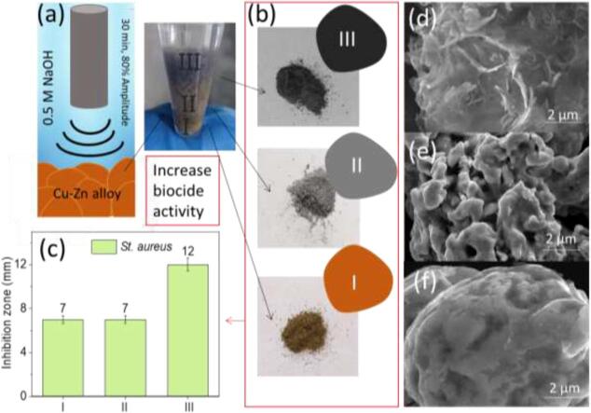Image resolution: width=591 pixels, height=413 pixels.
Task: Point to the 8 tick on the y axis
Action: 27,306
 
